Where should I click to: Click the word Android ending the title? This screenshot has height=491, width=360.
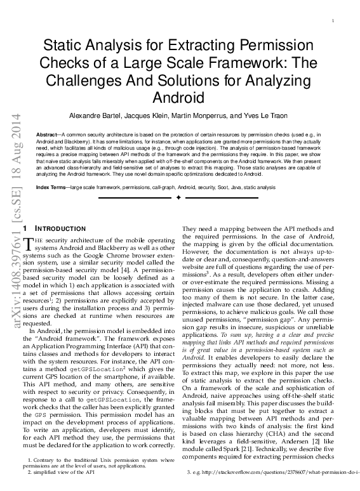tap(180, 98)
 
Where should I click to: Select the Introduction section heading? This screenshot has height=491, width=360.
tap(62, 228)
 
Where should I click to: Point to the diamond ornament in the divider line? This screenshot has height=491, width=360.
tap(180, 198)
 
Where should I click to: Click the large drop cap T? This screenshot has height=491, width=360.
tap(27, 244)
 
